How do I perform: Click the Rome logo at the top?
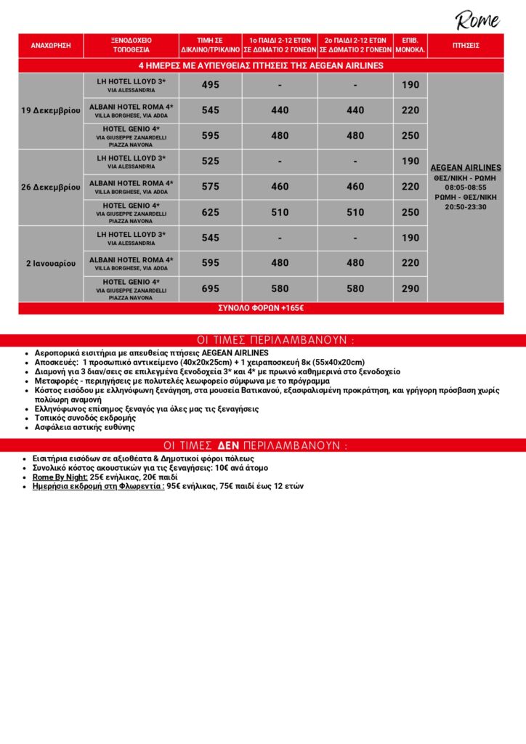[x=477, y=20]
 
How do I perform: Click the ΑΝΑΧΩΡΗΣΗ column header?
[x=51, y=45]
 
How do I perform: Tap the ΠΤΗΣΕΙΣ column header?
[x=465, y=45]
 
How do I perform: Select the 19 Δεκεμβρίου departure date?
[x=51, y=110]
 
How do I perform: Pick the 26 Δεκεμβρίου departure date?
[x=51, y=187]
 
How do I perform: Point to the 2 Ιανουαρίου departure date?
[x=51, y=263]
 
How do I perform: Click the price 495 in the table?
[x=211, y=85]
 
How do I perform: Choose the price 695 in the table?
[x=211, y=288]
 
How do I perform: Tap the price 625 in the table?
[x=211, y=212]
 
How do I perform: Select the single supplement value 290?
[x=410, y=288]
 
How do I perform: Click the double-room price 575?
[x=211, y=187]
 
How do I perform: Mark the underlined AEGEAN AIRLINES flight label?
[x=466, y=168]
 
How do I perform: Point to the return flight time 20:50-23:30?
[x=466, y=207]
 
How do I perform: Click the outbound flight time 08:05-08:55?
[x=466, y=187]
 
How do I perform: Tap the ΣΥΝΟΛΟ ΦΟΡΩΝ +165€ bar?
[x=261, y=308]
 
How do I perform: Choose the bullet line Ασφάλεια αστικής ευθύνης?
[x=84, y=427]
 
